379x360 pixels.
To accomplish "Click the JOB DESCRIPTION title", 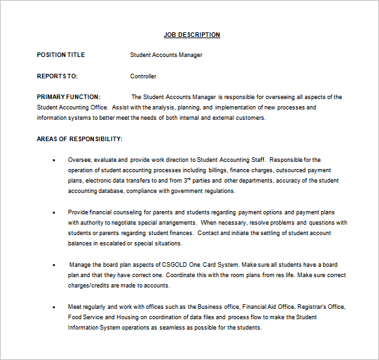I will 191,35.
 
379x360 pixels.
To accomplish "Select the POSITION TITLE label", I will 61,55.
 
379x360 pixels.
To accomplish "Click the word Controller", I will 143,76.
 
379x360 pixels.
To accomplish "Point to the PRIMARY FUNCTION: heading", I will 69,97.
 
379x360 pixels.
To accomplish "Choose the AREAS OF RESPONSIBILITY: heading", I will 80,139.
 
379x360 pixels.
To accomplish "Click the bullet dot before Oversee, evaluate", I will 53,160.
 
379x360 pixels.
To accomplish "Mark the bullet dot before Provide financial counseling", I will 53,212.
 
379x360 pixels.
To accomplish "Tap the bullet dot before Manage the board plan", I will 53,265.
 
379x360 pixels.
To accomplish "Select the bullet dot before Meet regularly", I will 53,307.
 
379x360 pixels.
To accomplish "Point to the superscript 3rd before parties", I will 187,180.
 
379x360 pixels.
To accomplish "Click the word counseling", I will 124,212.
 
